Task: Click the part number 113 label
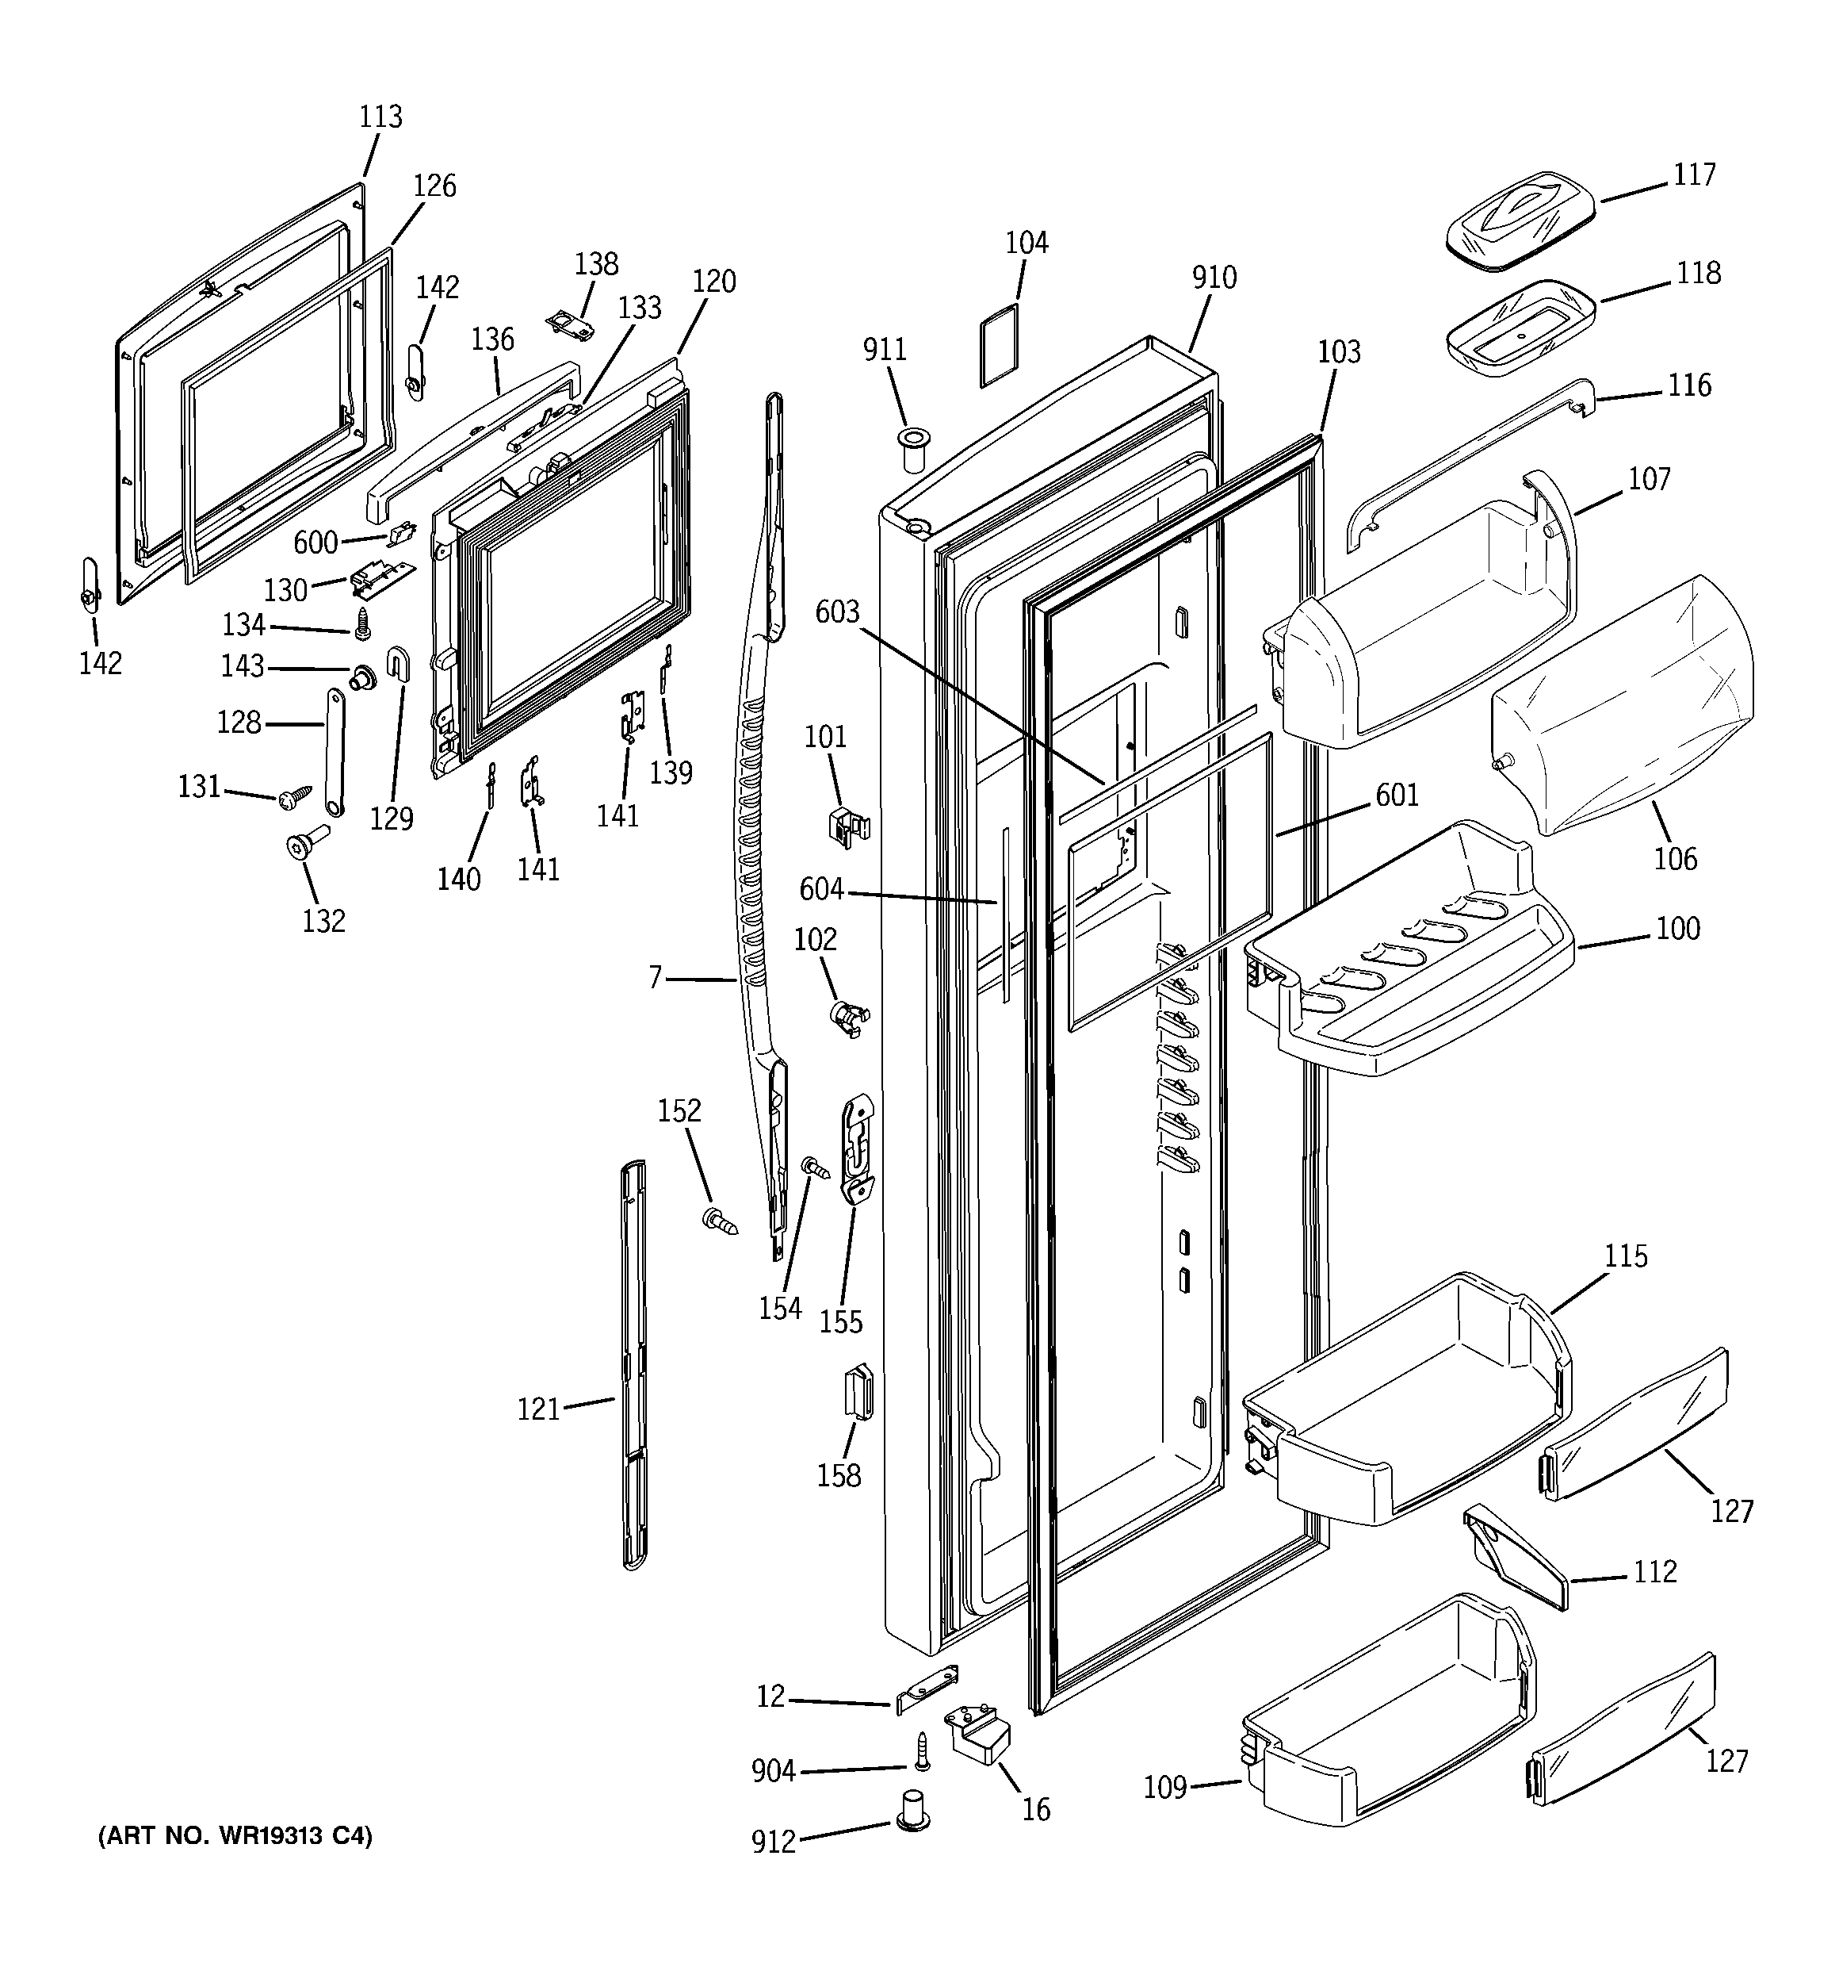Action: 380,117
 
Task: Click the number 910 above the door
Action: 1213,278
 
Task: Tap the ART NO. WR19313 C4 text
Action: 235,1835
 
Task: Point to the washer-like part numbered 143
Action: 363,677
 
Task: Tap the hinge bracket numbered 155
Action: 857,1148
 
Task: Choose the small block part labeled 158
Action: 858,1391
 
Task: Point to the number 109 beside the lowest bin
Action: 1164,1787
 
